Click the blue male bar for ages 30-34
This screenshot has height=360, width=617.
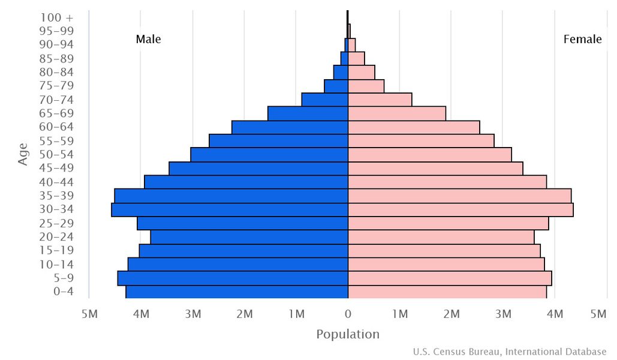coord(230,209)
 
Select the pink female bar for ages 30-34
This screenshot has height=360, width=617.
coord(461,209)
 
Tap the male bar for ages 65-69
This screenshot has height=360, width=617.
coord(308,113)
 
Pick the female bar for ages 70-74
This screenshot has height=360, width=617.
coord(380,100)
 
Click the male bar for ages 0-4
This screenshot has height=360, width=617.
coord(237,292)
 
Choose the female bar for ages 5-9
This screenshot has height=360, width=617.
coord(450,278)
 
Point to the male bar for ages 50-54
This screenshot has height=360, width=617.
coord(269,155)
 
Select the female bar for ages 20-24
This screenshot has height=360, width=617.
coord(441,237)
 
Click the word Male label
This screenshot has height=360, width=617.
coord(148,40)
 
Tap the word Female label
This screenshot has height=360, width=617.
coord(582,40)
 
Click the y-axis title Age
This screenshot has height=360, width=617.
coord(23,154)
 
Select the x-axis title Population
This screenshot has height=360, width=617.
coord(348,334)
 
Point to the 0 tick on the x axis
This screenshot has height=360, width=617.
coord(348,313)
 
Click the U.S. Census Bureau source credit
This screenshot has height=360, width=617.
coord(510,352)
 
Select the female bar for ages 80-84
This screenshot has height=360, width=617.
coord(362,72)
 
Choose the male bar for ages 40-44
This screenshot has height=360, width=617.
coord(246,182)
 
